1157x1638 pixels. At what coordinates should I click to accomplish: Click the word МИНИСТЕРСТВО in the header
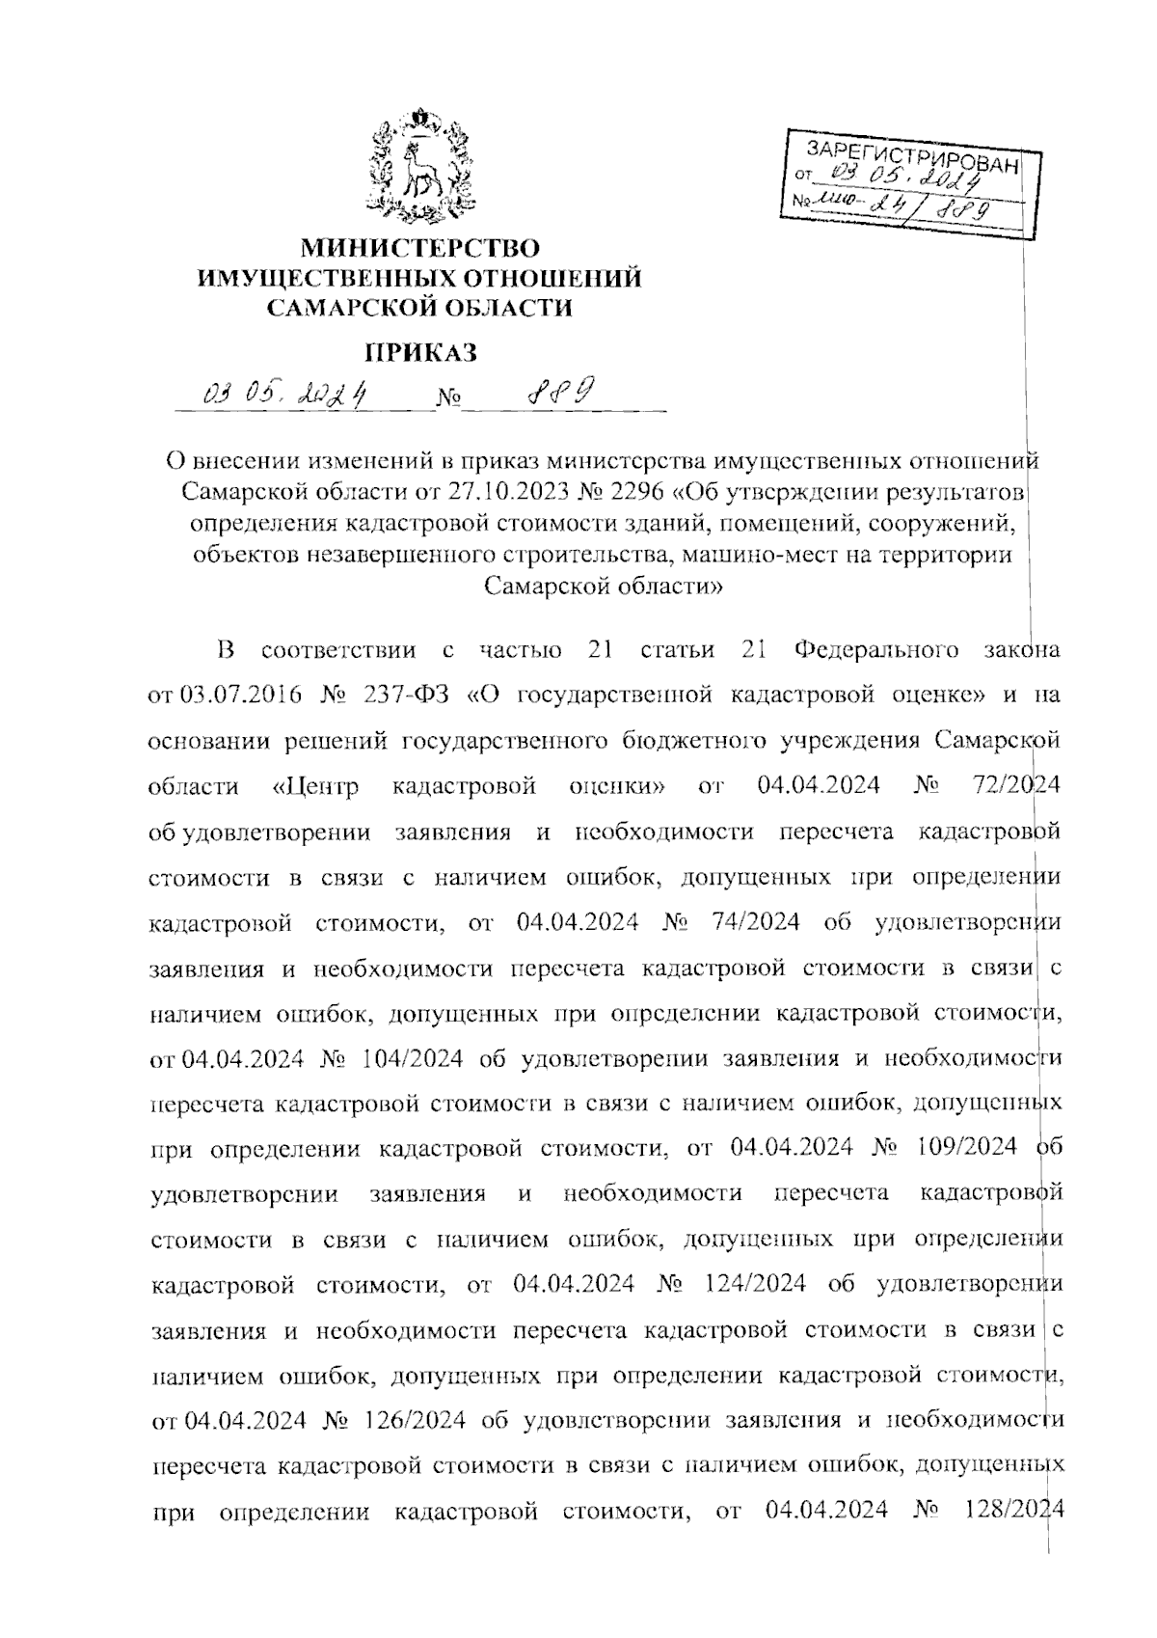(x=419, y=248)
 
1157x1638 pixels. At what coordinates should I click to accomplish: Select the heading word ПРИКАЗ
(x=420, y=352)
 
